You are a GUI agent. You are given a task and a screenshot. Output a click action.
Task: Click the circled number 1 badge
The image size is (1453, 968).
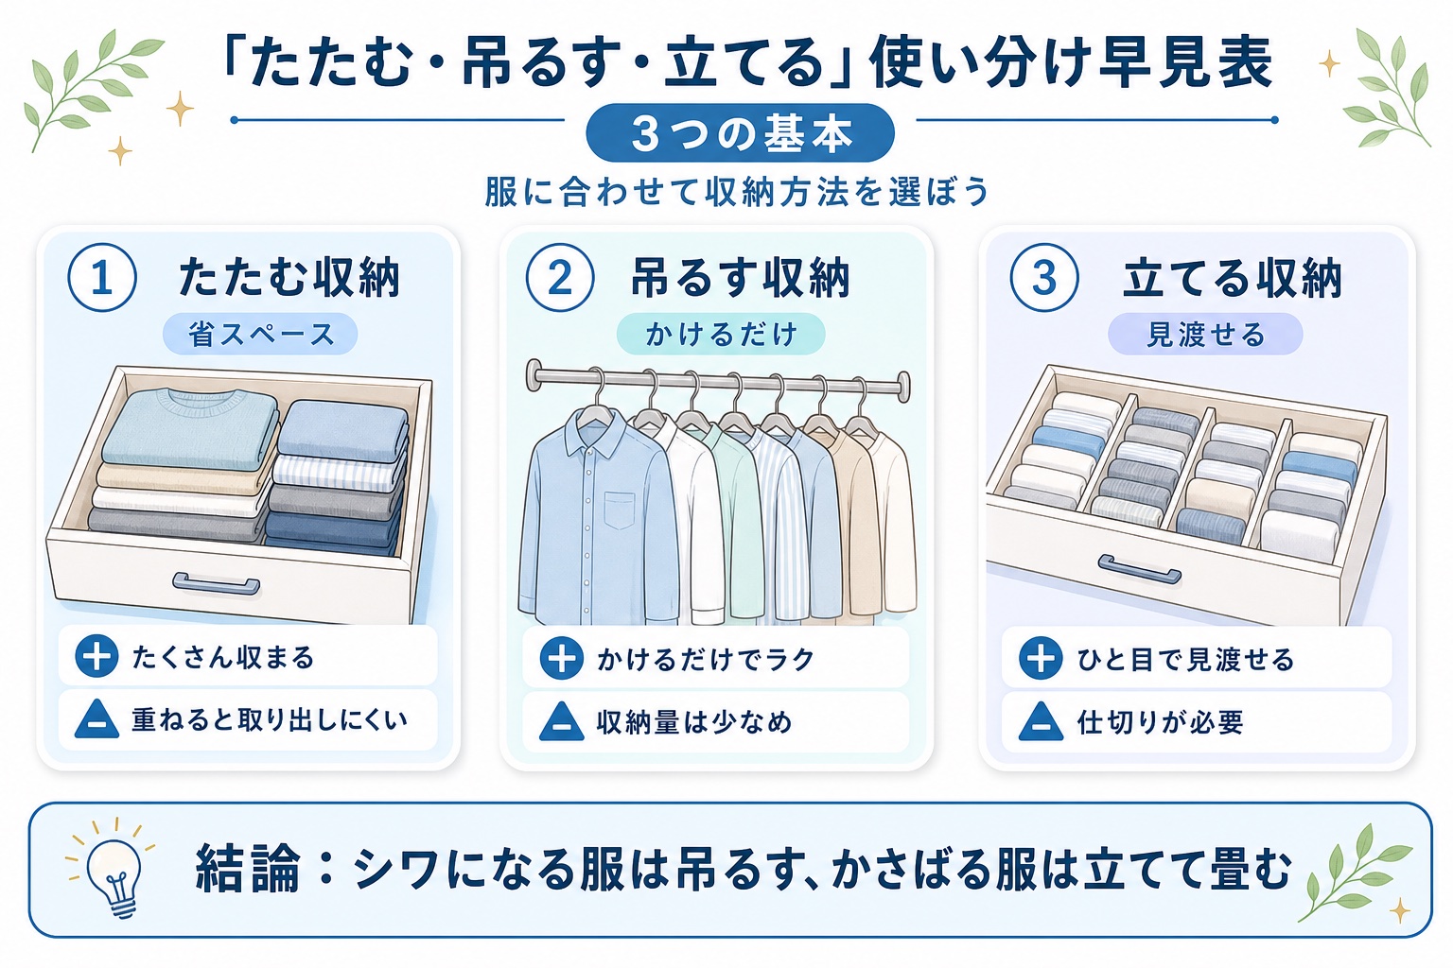(x=102, y=278)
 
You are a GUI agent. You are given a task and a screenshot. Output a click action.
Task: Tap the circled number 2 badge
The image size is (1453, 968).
(x=560, y=278)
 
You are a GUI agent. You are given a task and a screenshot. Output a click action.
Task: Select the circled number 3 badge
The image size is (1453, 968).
(x=1044, y=278)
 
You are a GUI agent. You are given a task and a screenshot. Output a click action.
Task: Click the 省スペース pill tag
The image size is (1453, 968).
(x=260, y=334)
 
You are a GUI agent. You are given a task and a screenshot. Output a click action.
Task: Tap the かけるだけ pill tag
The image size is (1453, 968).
(x=721, y=334)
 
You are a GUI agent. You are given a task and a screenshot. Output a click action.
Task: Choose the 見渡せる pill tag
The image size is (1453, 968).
(x=1205, y=334)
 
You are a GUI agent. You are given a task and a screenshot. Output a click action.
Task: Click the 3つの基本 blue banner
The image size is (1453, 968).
(x=740, y=133)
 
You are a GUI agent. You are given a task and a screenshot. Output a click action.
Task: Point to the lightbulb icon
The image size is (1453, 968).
(x=115, y=872)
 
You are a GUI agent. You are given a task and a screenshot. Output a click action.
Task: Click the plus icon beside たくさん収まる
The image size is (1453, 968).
(x=96, y=657)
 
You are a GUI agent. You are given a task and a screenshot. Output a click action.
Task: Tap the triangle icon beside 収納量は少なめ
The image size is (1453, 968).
(x=562, y=721)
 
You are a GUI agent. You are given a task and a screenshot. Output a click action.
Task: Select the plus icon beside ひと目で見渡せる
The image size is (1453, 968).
(x=1041, y=658)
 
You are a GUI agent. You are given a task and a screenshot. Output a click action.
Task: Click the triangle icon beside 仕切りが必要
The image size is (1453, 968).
(x=1041, y=721)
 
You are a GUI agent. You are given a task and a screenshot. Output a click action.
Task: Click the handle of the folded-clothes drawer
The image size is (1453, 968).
(x=216, y=583)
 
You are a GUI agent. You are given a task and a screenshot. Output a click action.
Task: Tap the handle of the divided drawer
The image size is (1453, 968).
(x=1139, y=569)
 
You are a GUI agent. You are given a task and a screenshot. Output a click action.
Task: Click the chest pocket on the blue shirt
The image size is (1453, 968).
(x=620, y=510)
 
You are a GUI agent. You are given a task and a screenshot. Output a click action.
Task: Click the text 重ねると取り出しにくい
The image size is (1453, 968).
(x=270, y=720)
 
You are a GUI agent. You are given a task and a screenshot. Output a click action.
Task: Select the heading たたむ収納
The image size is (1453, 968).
(x=289, y=278)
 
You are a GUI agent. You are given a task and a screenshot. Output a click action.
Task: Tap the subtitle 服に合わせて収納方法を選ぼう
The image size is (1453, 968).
(x=737, y=191)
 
